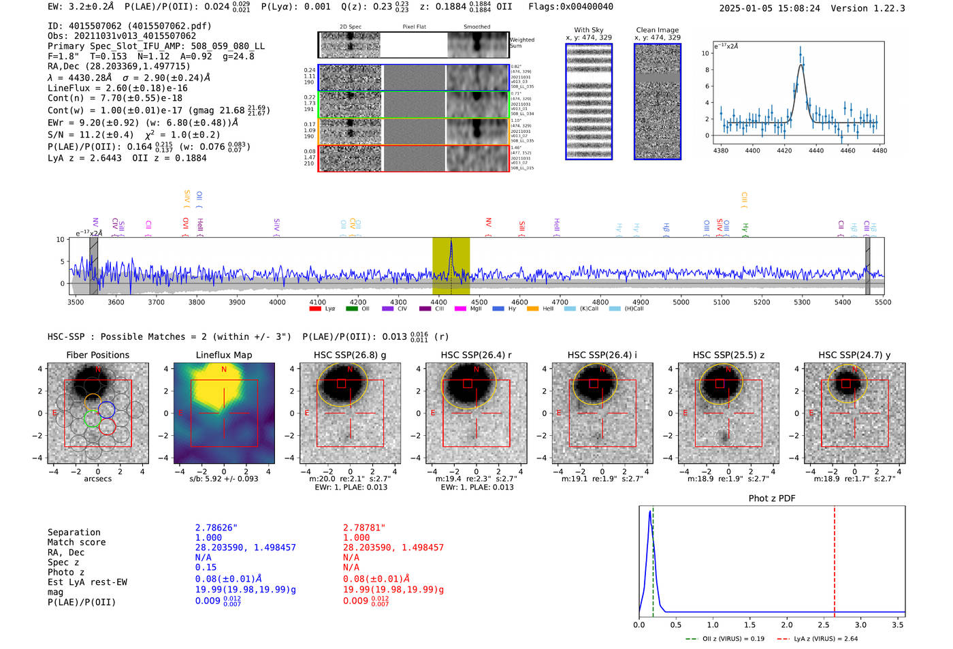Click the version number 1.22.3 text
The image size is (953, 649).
pos(882,8)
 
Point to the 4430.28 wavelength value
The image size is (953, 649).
pos(87,78)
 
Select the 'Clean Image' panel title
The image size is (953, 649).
pos(657,30)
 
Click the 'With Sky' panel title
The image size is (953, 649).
pos(588,30)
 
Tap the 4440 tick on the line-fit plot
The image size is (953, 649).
pos(815,151)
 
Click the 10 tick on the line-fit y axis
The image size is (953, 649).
pos(705,53)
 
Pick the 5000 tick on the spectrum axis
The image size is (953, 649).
pos(681,302)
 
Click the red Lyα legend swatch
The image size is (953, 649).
pos(315,308)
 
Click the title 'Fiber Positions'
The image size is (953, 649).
pos(97,355)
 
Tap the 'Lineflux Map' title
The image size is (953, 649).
pos(223,355)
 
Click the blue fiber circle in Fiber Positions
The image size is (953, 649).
pos(106,409)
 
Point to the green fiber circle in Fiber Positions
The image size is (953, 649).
pos(92,418)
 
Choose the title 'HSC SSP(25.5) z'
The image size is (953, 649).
pos(728,355)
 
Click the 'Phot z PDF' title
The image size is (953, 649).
pos(771,498)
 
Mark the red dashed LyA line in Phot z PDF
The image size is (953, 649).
pos(835,558)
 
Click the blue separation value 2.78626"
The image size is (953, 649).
pos(216,528)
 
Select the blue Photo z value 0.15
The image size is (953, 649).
pos(206,567)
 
